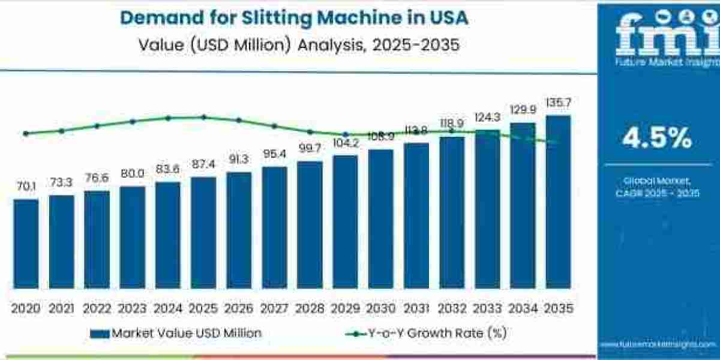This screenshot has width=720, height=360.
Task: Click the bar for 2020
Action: pos(26,244)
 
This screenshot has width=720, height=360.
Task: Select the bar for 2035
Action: pos(557,202)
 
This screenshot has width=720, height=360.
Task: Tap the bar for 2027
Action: pos(274,227)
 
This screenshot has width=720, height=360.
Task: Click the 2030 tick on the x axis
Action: pos(380,308)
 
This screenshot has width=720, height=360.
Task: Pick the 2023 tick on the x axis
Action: pos(132,308)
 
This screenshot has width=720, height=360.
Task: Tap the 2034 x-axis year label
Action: pos(522,308)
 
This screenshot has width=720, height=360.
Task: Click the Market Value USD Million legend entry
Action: pos(176,333)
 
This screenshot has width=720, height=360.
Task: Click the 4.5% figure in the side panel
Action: pos(658,139)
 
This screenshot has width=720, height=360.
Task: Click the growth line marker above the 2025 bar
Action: pos(203,117)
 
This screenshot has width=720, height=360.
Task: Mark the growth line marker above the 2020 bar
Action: pos(26,134)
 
